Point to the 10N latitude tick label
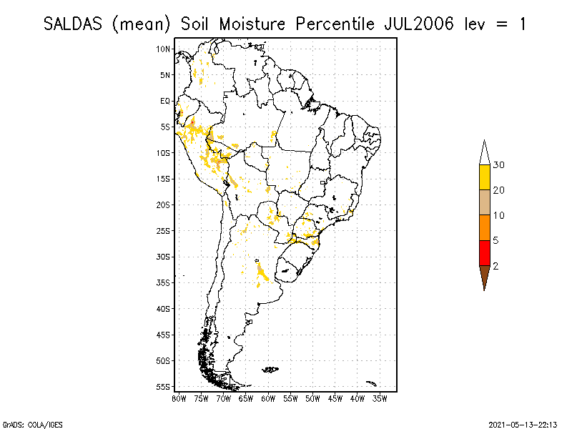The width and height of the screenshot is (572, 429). (x=164, y=49)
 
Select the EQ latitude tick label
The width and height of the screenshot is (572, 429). (x=165, y=101)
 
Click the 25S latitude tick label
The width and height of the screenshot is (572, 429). (x=164, y=231)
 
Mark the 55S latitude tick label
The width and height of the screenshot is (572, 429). (x=164, y=387)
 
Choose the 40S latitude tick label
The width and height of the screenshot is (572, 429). (x=164, y=309)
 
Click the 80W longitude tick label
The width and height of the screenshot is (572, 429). (x=179, y=398)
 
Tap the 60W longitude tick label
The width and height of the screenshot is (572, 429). (x=268, y=398)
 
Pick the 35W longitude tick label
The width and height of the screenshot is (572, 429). (x=380, y=398)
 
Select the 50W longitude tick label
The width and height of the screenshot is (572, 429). (x=312, y=398)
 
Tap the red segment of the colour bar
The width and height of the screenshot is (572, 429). (x=484, y=252)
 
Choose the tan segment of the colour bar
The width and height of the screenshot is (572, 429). (x=484, y=202)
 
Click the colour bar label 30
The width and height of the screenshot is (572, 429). (x=499, y=165)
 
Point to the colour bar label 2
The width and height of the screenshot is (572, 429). (x=496, y=266)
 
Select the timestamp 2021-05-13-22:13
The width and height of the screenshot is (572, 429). (x=523, y=423)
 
